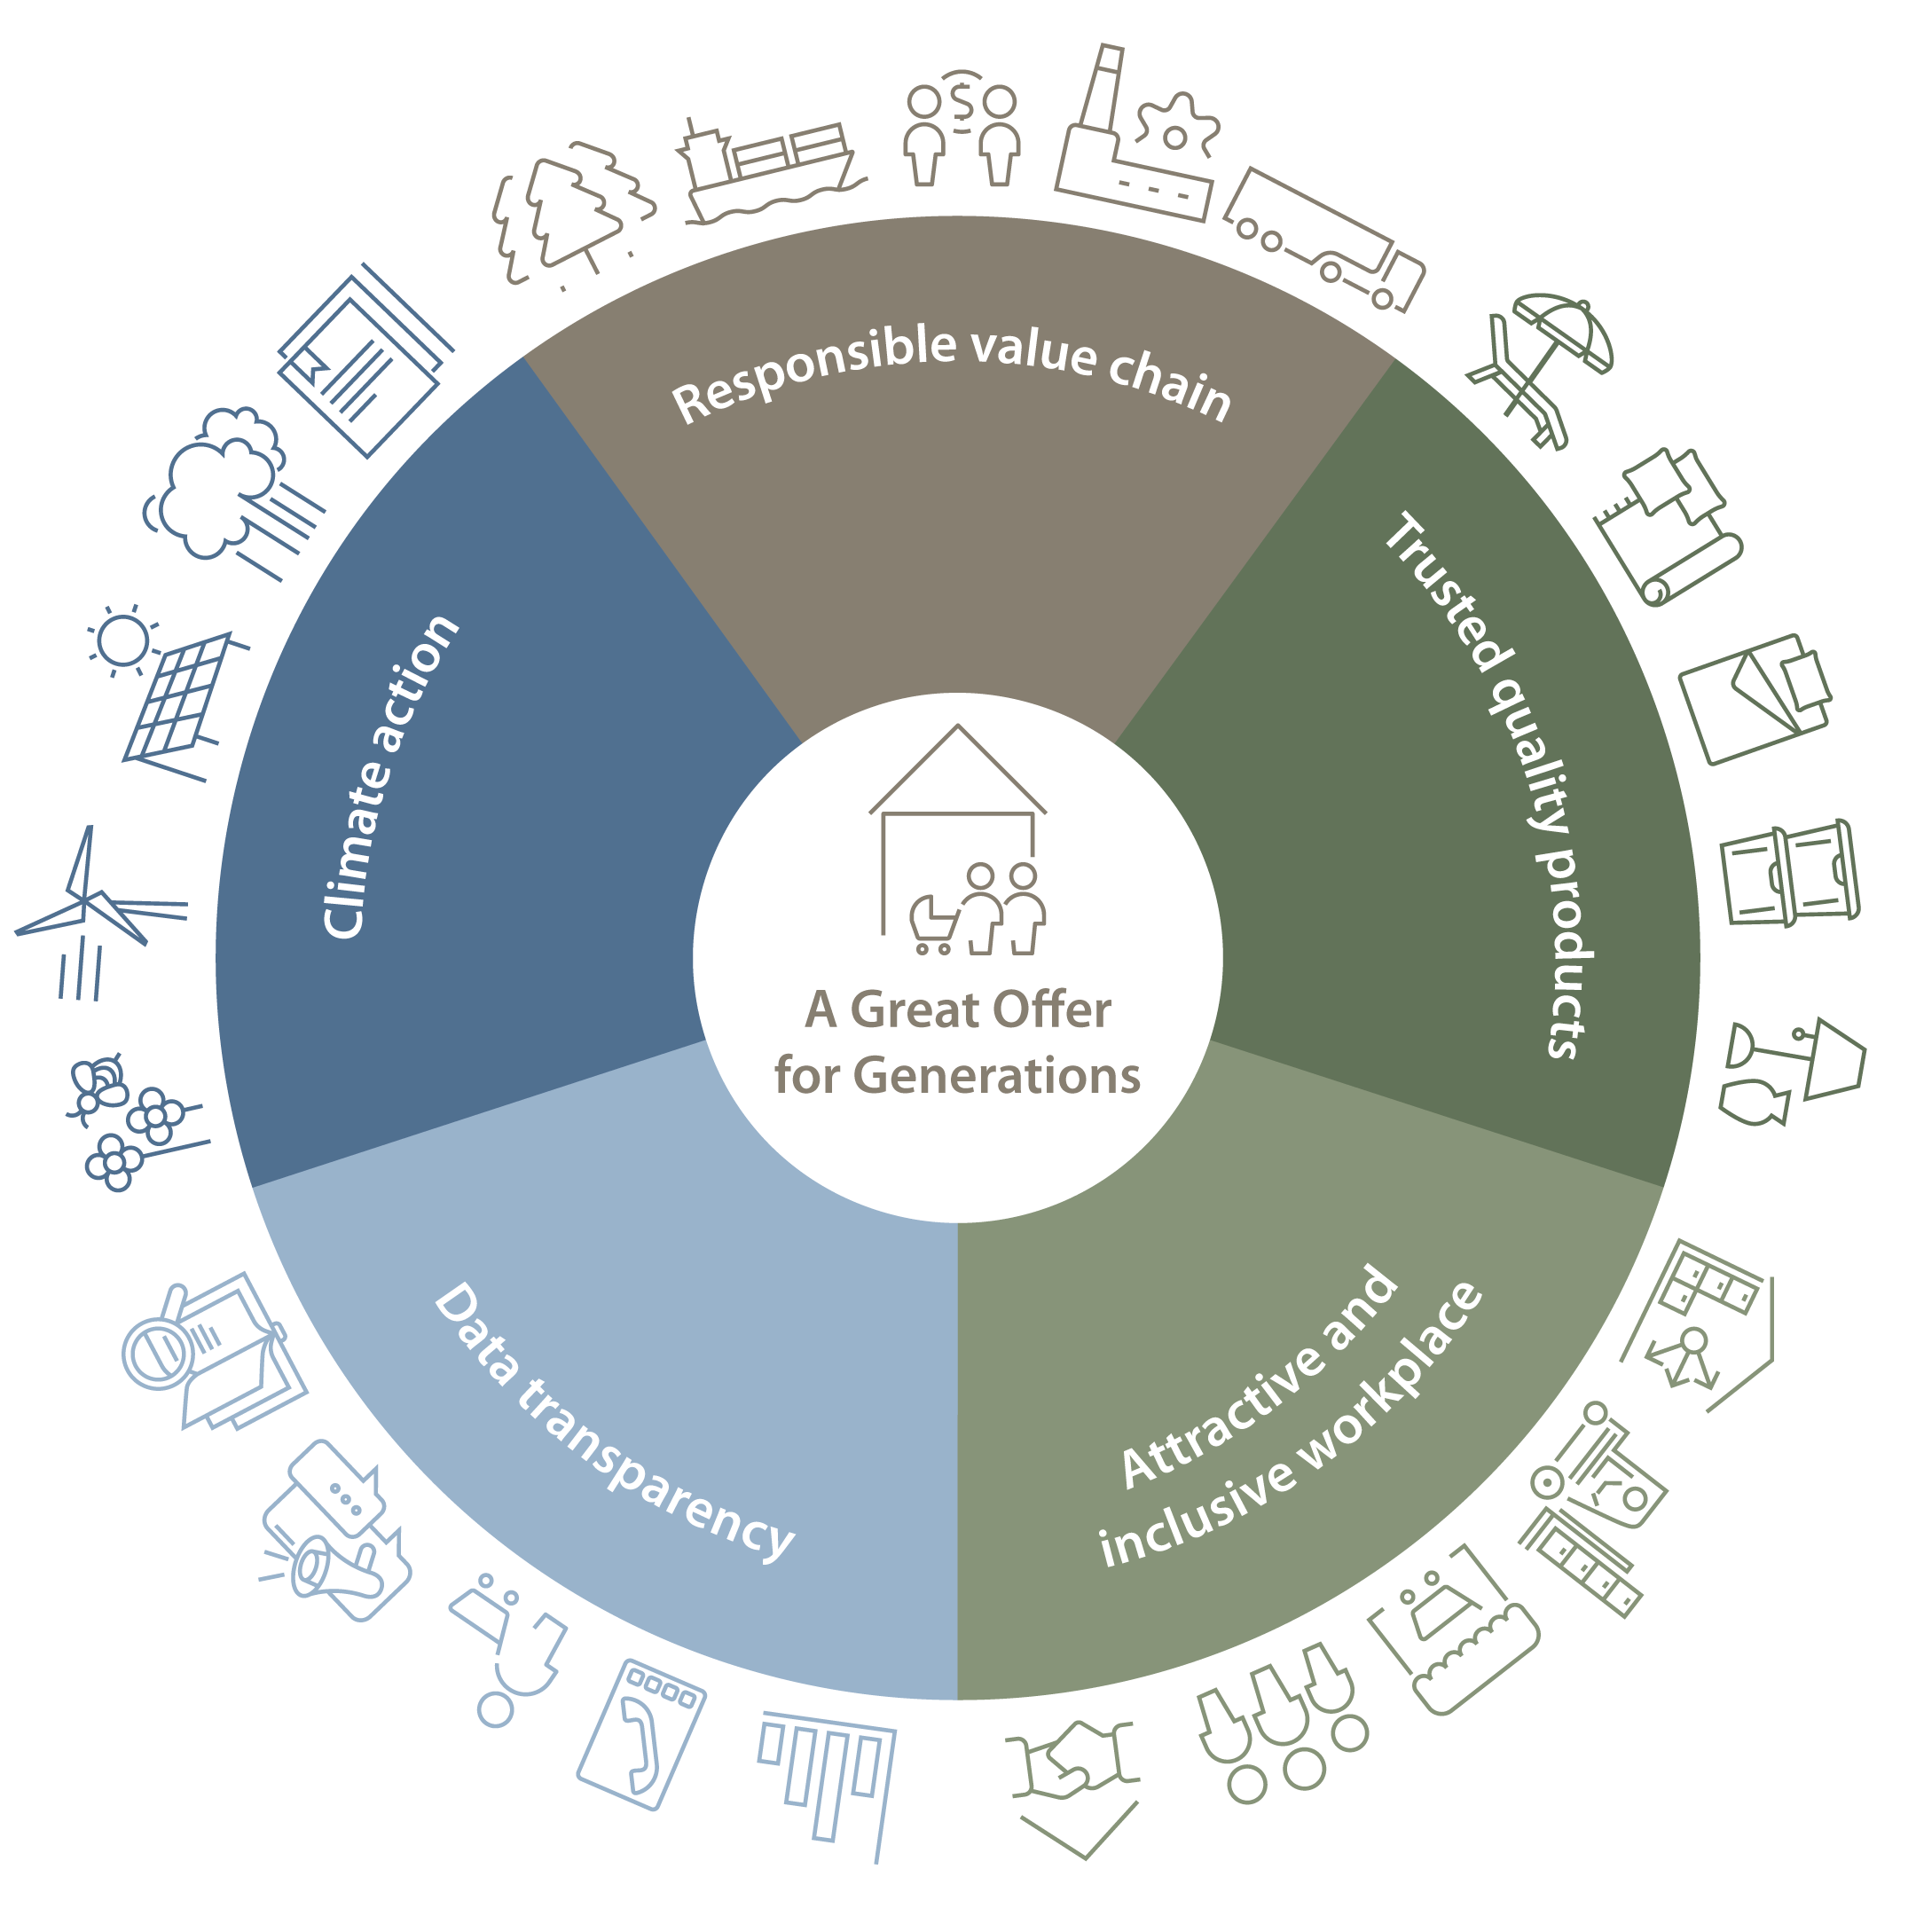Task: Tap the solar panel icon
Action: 178,700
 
